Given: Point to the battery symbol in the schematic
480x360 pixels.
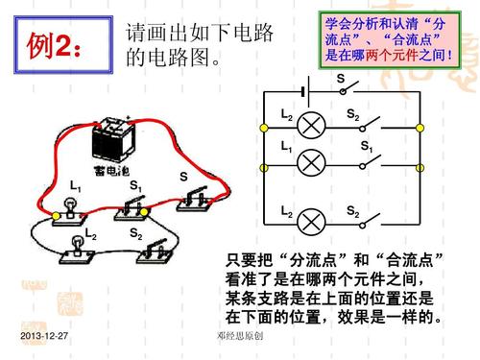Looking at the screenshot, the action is [306, 92].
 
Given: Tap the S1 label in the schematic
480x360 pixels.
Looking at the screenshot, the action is [367, 147].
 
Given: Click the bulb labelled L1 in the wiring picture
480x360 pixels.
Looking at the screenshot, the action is [68, 207].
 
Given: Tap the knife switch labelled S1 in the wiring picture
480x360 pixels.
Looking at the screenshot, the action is [135, 206].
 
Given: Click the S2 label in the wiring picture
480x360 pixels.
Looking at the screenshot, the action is [135, 233].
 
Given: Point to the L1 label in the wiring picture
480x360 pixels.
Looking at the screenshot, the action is [76, 184].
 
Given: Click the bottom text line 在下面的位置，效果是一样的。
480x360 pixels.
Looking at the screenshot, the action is [334, 316].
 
